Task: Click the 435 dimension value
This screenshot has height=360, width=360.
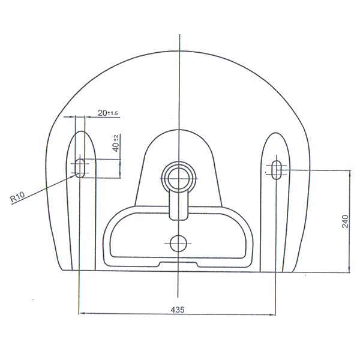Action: point(178,310)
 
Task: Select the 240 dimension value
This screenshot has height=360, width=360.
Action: point(345,221)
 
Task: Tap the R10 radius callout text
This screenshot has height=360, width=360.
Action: point(17,197)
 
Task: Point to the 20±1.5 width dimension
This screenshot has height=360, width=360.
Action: point(107,113)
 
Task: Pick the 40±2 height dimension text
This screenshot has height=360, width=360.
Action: point(116,143)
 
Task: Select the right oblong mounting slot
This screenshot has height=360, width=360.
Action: point(276,170)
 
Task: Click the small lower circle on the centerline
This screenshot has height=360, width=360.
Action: point(178,243)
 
